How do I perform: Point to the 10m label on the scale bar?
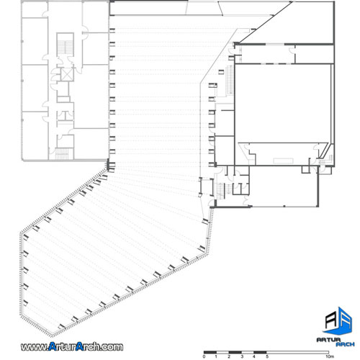[329, 356]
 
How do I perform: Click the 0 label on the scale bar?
[204, 356]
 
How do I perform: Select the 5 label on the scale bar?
[267, 356]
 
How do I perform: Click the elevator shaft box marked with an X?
[67, 75]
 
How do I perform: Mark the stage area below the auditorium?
[281, 153]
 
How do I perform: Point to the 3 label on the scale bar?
[242, 356]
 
